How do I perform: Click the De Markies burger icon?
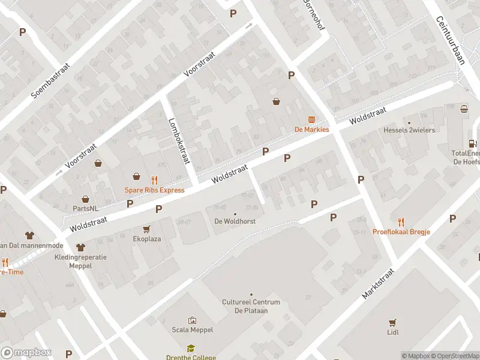[x=311, y=119]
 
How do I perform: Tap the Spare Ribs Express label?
[x=154, y=190]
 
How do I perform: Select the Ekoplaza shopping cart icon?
[x=146, y=229]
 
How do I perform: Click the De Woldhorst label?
[x=235, y=221]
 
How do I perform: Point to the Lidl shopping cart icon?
[x=393, y=322]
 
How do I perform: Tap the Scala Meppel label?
[x=193, y=329]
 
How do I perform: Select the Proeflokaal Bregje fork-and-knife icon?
[x=401, y=221]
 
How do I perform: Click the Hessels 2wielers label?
[x=409, y=130]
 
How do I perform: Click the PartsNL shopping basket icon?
[x=86, y=199]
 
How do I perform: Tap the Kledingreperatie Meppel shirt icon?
[x=80, y=247]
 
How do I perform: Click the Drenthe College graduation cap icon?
[x=191, y=348]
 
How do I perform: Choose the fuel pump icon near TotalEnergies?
[x=473, y=143]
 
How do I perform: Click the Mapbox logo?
[x=26, y=353]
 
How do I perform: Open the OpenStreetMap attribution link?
[x=454, y=356]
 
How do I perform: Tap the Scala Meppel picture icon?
[x=193, y=320]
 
